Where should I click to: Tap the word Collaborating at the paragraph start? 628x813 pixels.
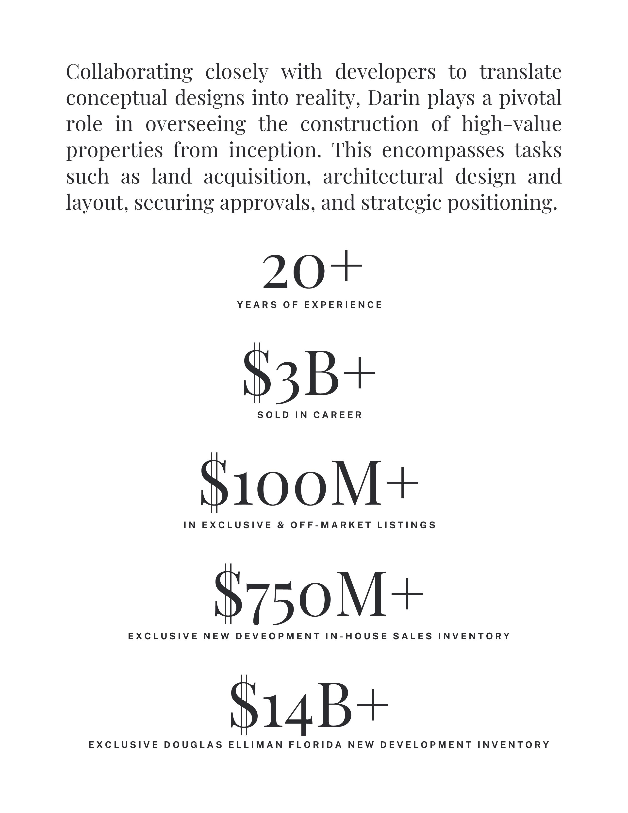point(129,72)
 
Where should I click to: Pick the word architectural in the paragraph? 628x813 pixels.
point(383,176)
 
